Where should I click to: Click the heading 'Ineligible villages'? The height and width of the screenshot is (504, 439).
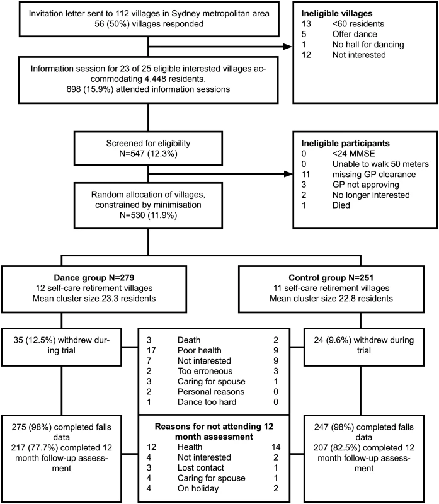337,13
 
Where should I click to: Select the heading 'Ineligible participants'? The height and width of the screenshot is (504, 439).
345,144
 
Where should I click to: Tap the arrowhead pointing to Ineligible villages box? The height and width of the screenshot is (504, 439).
288,47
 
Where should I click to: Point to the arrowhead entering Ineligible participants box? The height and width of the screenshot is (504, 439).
288,175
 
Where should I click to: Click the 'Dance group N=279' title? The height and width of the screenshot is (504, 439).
94,278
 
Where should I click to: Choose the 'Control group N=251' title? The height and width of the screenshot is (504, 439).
331,278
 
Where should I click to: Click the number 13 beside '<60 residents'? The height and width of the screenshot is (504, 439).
306,24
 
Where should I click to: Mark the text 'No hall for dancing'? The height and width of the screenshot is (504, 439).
368,44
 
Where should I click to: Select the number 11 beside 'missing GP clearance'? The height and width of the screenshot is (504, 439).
305,175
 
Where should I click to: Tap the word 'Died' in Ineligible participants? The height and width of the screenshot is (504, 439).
341,205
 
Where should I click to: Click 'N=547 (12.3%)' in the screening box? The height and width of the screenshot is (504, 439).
148,154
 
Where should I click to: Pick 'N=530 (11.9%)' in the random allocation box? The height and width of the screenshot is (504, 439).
148,215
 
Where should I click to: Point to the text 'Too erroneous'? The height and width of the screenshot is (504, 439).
205,371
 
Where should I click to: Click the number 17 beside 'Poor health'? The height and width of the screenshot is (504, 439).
151,350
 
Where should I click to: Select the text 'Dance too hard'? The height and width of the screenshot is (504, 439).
207,402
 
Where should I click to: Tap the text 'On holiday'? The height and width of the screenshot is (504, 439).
198,488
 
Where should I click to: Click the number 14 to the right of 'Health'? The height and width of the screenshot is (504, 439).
276,447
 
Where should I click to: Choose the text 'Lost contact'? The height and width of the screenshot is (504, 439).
200,467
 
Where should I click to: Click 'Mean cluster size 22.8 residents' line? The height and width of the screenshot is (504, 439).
331,298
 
